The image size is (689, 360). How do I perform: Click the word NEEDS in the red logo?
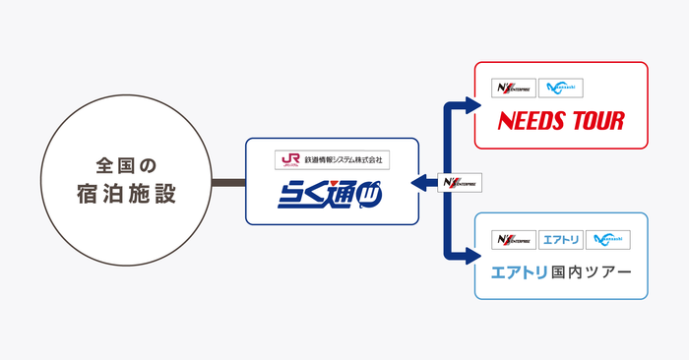532,122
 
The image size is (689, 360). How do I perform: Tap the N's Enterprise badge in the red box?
512,88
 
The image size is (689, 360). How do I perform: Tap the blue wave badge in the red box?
560,88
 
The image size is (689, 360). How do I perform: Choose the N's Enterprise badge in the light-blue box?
512,239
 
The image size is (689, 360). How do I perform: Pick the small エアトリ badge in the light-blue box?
560,239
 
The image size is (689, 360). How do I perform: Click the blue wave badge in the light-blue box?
607,239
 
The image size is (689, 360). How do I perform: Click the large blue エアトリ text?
524,271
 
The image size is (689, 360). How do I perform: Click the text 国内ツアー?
595,271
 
